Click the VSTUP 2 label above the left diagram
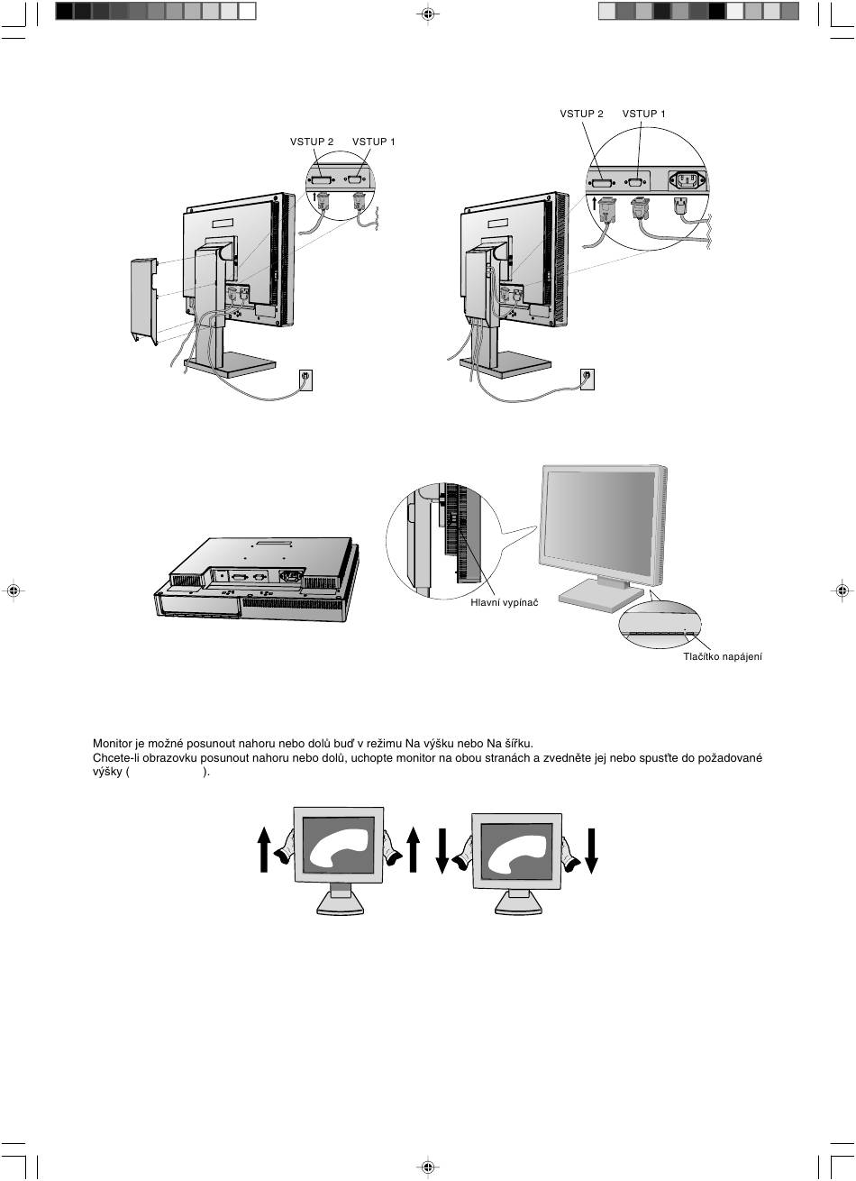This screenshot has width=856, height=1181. point(312,142)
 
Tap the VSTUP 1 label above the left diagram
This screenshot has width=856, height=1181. point(373,142)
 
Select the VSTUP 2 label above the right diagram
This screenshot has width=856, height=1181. point(581,114)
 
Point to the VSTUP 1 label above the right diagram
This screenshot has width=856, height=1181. point(643,114)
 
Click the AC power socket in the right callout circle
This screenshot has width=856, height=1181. point(688,181)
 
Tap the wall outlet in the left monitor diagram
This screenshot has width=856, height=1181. point(305,380)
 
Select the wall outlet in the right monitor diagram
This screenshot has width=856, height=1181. point(587,379)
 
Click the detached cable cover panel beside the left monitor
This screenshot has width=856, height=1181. point(144,301)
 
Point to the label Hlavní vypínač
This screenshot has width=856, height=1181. point(505,602)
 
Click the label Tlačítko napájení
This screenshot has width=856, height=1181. point(723,657)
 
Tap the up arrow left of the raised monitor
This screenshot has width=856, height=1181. point(264,849)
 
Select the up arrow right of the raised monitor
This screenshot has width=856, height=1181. point(414,849)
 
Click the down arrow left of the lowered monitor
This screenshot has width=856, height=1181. point(442,851)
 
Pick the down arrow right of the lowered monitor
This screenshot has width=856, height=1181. point(591,851)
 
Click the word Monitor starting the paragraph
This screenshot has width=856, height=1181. point(111,744)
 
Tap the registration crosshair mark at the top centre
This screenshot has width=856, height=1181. point(428,14)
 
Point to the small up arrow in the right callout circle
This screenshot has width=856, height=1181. point(595,203)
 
